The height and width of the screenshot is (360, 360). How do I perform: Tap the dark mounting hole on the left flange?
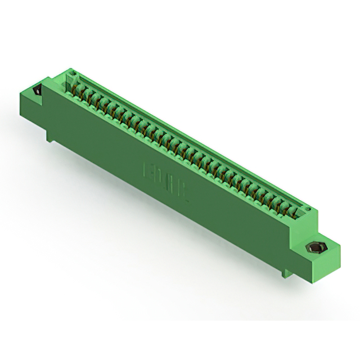[38, 90]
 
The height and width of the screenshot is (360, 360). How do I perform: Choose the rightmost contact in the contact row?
[293, 212]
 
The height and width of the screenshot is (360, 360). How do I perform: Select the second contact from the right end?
[285, 208]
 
